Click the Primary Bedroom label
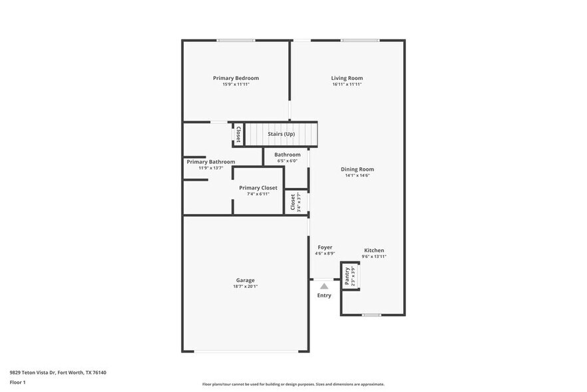tap(236, 78)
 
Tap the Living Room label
tap(347, 78)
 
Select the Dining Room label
tap(357, 169)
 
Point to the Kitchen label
tap(373, 251)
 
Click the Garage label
tap(245, 280)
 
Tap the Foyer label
tap(325, 247)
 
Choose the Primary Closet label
tap(258, 188)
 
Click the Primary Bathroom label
tap(210, 162)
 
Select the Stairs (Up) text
tap(281, 134)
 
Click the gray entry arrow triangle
tap(324, 286)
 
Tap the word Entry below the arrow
tap(324, 295)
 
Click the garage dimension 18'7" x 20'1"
tap(245, 287)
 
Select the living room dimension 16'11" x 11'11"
tap(347, 85)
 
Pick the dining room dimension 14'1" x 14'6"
tap(357, 176)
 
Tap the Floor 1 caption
tap(17, 382)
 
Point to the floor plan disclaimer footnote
tap(293, 384)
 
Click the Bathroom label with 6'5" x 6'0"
tap(288, 155)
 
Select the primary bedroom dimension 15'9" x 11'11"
tap(236, 85)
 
